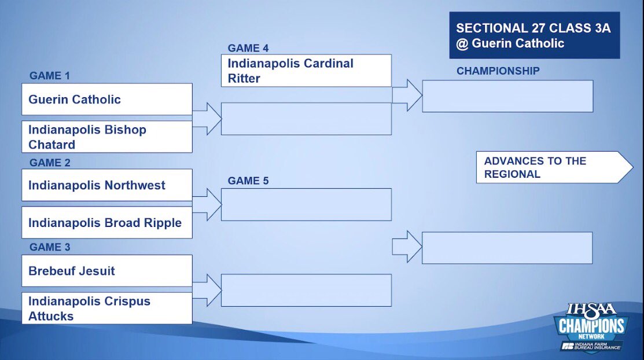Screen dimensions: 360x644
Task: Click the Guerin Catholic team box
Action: click(x=106, y=99)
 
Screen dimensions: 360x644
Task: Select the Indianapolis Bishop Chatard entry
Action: click(x=106, y=137)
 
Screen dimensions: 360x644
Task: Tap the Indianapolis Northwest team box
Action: click(x=106, y=185)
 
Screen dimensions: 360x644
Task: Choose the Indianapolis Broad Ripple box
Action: click(x=106, y=223)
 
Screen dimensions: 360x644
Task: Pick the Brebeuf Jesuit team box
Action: click(x=106, y=271)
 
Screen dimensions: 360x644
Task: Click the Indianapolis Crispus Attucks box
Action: click(x=106, y=308)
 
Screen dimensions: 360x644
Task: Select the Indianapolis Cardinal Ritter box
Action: click(x=306, y=71)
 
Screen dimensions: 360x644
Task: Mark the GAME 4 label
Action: click(x=248, y=48)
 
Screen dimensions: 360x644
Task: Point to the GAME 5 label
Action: click(x=248, y=181)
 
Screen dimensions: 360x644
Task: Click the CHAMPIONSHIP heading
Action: click(x=498, y=71)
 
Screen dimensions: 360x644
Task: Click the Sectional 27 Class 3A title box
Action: click(x=534, y=36)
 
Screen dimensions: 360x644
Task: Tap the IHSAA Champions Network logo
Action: click(x=590, y=330)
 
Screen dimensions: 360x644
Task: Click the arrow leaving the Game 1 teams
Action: click(x=207, y=118)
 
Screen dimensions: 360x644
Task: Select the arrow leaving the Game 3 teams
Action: click(x=207, y=289)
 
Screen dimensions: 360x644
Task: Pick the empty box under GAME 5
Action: click(x=306, y=204)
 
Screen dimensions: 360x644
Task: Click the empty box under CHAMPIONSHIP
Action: click(x=507, y=96)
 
